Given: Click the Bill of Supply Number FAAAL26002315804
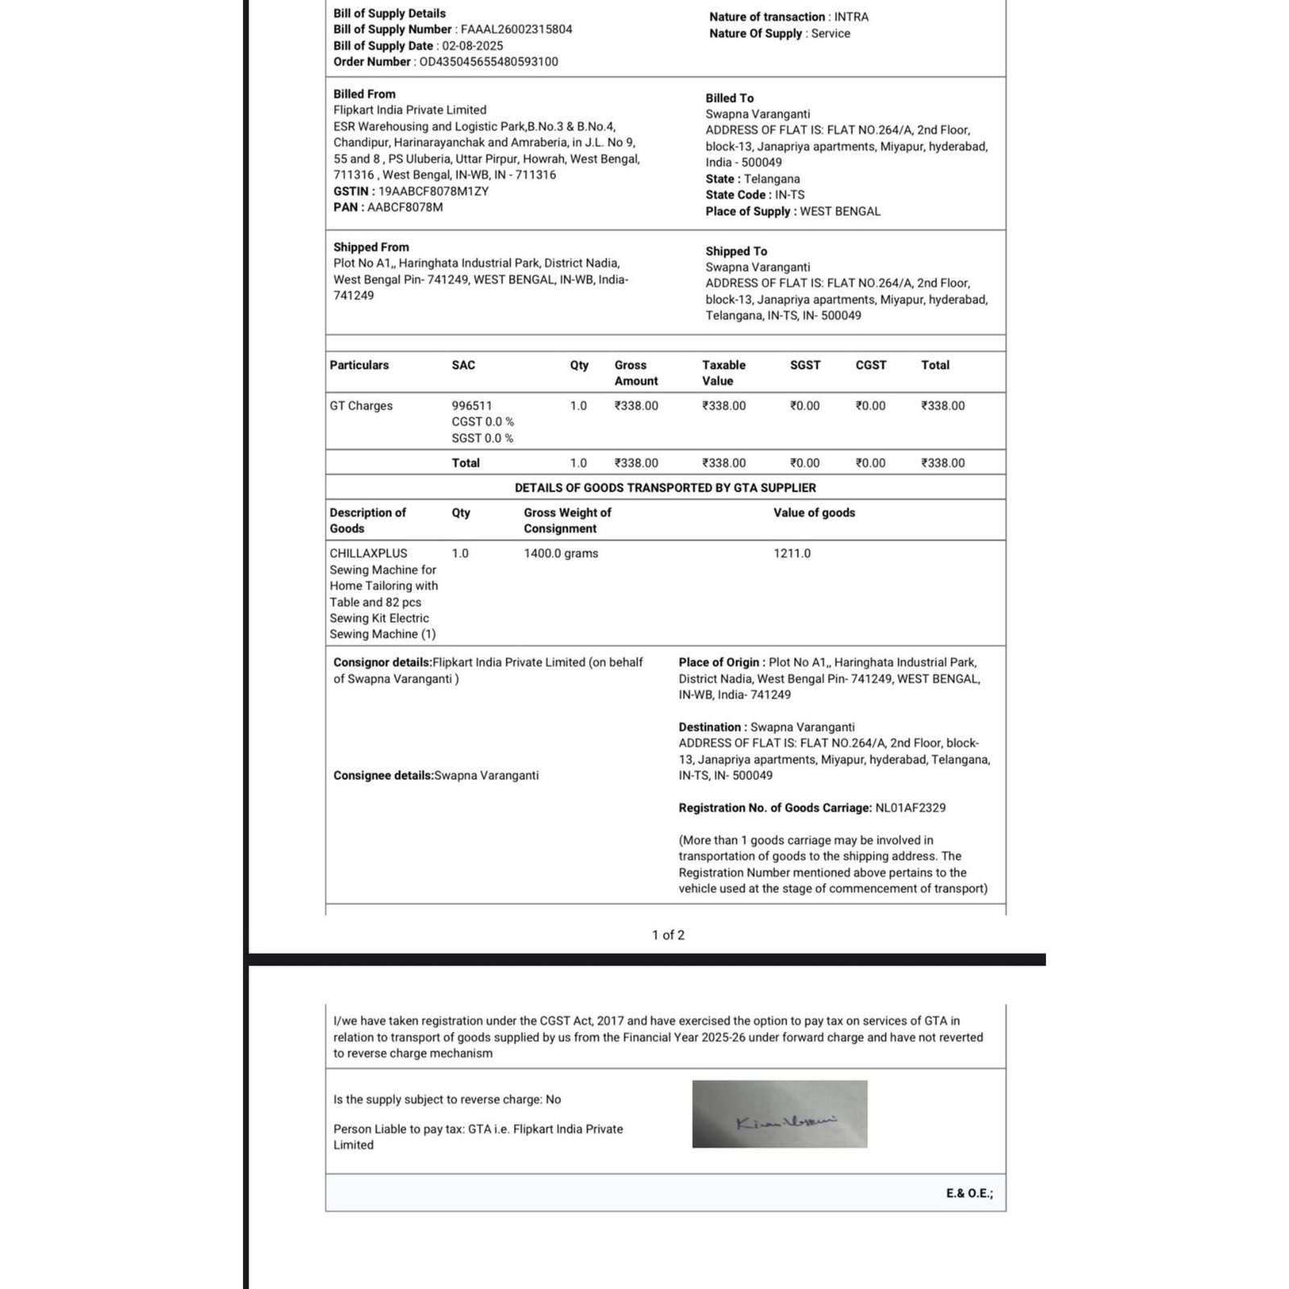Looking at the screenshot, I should [x=516, y=30].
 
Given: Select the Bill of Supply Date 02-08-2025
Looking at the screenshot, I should [x=472, y=46].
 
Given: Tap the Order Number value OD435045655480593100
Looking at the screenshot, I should [x=488, y=62].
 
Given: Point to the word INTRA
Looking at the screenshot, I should [x=851, y=17].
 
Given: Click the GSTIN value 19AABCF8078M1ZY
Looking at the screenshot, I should [x=433, y=192].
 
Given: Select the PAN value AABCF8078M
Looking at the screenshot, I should [x=405, y=208].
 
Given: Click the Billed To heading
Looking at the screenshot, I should [x=730, y=98].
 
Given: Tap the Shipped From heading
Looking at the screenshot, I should [x=371, y=247].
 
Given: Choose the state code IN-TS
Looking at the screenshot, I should [x=790, y=195].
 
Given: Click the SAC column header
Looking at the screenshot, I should [x=463, y=365].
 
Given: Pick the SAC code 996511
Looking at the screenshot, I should [x=471, y=406].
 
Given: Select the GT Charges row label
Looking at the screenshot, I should [x=361, y=406].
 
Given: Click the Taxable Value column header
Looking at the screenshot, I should [x=723, y=373].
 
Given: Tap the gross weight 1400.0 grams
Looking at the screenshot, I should [x=561, y=553].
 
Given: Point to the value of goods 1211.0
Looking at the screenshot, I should [x=792, y=553].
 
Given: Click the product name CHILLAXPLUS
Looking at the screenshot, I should [x=368, y=553].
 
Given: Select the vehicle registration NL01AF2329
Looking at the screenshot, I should [x=910, y=808].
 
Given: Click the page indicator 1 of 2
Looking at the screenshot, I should [x=668, y=935].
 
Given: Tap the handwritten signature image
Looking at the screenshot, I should [x=780, y=1114].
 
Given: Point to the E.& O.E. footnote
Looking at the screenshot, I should [x=969, y=1194].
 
